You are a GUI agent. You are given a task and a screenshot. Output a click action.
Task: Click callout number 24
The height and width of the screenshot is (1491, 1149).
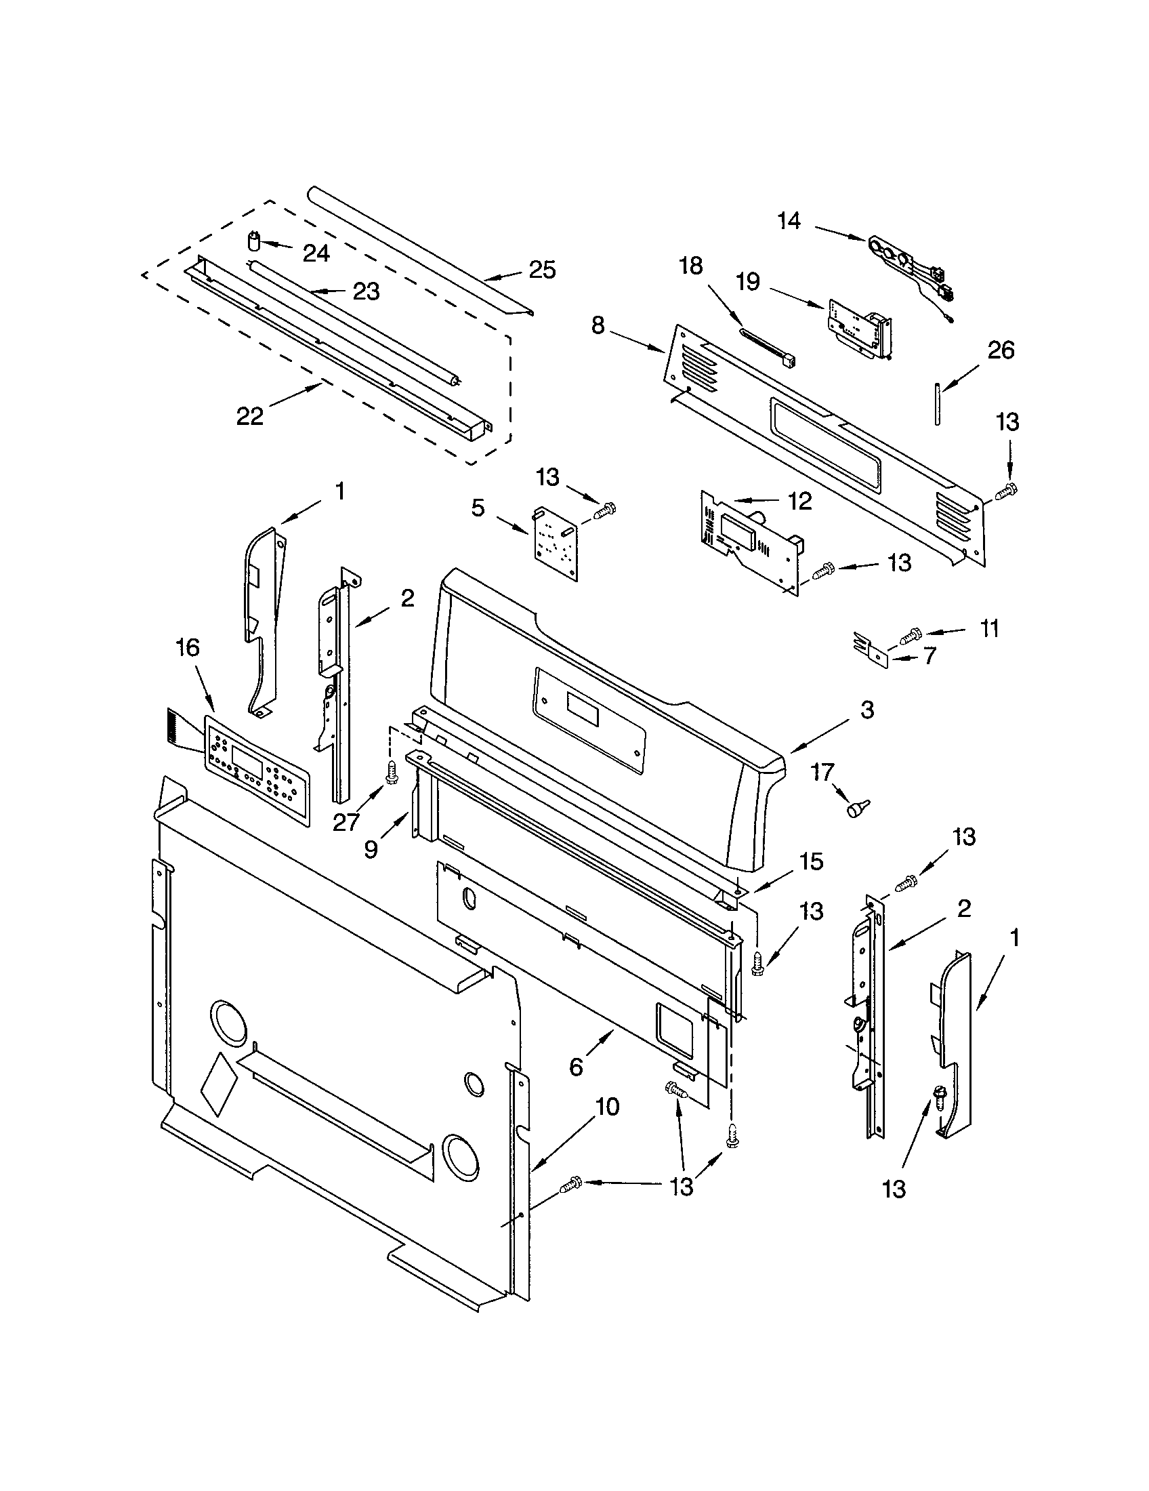pos(316,253)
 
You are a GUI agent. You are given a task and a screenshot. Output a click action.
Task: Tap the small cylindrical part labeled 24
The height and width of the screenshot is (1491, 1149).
pos(254,242)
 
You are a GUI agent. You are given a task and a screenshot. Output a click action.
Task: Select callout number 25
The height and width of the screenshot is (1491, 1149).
pos(542,270)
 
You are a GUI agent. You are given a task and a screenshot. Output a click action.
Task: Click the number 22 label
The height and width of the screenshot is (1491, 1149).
pos(250,415)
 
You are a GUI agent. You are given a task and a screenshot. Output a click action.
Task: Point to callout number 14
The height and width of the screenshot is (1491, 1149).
pos(789,220)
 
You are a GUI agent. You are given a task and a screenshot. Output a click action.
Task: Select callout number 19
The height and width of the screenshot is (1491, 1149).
pos(749,281)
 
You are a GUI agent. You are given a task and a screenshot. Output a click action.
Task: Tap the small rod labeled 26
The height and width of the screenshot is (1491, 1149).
pos(938,404)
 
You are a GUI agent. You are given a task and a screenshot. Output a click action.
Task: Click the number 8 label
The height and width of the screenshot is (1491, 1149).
pos(598,325)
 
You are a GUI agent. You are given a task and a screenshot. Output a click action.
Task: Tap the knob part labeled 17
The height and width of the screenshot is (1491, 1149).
pos(855,810)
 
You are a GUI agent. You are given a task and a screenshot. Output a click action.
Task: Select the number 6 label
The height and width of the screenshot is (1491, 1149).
pos(577,1066)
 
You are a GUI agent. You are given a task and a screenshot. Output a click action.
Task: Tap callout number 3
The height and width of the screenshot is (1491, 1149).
pos(866,710)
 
